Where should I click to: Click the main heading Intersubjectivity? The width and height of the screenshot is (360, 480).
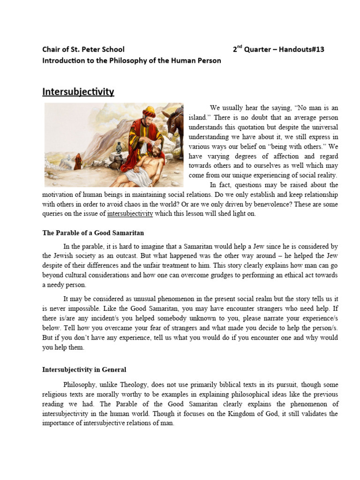(x=78, y=91)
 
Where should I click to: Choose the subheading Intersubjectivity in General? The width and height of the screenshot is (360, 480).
(x=84, y=370)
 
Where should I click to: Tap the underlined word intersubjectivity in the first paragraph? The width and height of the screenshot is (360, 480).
(x=130, y=214)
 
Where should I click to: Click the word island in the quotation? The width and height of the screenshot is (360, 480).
(x=199, y=117)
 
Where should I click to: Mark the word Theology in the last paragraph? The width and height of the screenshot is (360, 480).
(x=132, y=385)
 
